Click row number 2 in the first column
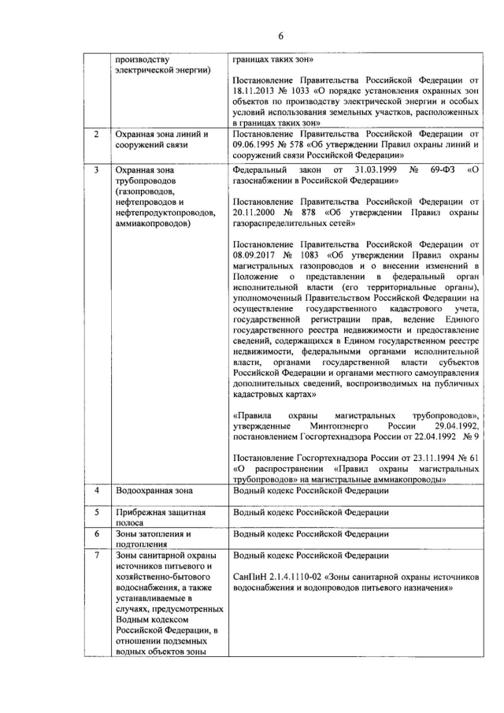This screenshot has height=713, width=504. click(96, 134)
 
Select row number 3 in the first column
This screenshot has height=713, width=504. click(96, 169)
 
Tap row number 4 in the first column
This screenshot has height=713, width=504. click(96, 491)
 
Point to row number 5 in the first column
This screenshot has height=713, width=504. click(96, 512)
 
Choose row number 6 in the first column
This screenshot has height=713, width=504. click(96, 533)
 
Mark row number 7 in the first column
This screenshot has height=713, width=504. click(96, 555)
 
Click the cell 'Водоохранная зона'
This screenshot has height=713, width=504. click(154, 491)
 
